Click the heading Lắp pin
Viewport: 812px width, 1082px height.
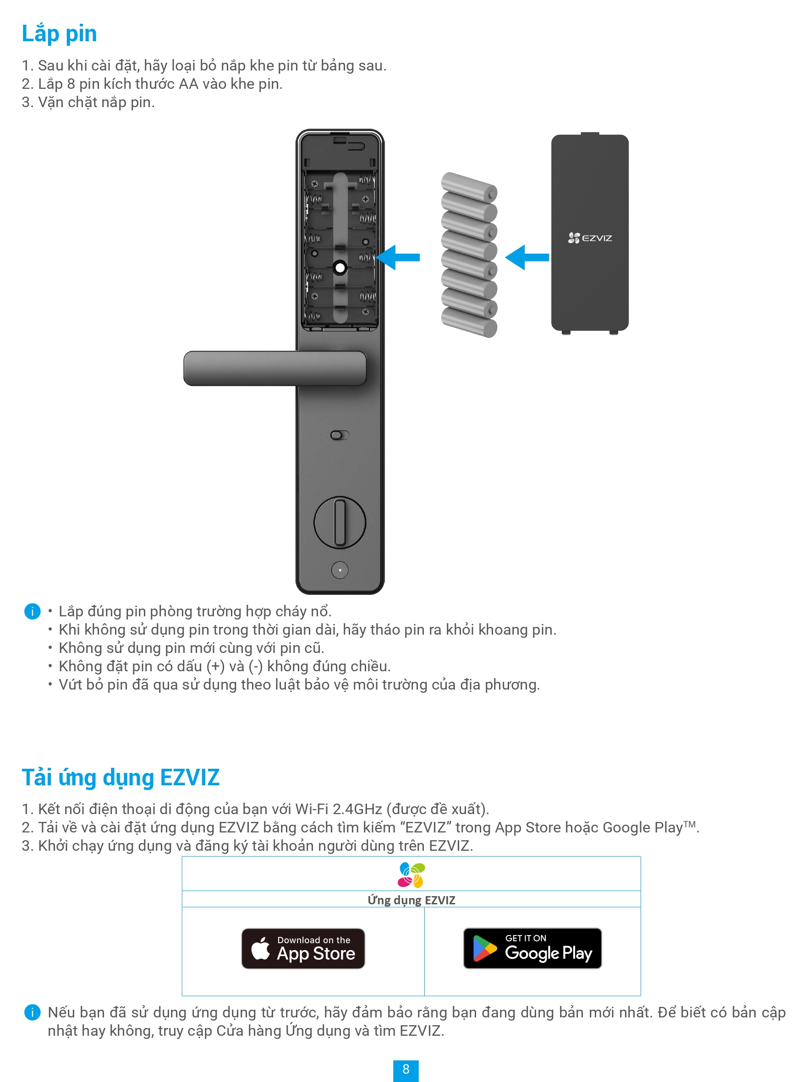59,34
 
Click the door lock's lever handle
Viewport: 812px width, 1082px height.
274,368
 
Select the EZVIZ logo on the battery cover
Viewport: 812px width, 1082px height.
590,238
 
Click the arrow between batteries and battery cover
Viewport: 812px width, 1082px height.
527,257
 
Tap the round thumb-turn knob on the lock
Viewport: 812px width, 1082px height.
340,522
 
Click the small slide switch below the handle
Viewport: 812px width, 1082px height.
340,435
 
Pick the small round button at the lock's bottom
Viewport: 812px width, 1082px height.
340,570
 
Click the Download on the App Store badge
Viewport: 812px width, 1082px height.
303,948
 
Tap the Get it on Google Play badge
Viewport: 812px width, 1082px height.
532,948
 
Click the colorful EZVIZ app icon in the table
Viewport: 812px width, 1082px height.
411,875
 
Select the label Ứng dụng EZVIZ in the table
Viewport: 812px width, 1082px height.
411,900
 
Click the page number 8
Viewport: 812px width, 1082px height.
406,1070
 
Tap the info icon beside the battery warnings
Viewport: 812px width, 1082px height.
32,611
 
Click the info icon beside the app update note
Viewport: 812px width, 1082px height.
32,1012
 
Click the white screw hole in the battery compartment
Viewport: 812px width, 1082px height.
340,267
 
